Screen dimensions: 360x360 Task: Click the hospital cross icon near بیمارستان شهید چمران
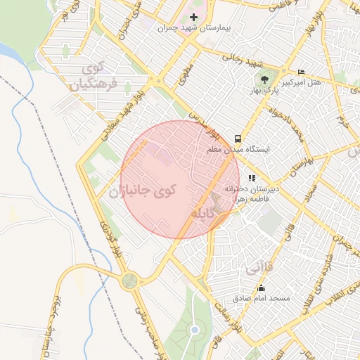[195, 16]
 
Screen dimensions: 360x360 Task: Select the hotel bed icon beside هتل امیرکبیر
[302, 72]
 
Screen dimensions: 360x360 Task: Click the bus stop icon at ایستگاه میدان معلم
[239, 139]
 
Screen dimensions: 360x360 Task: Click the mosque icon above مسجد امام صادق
[262, 288]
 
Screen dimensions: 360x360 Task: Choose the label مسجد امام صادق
[262, 298]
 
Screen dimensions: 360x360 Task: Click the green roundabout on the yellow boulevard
[129, 281]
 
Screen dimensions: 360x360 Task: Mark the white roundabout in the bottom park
[195, 329]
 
